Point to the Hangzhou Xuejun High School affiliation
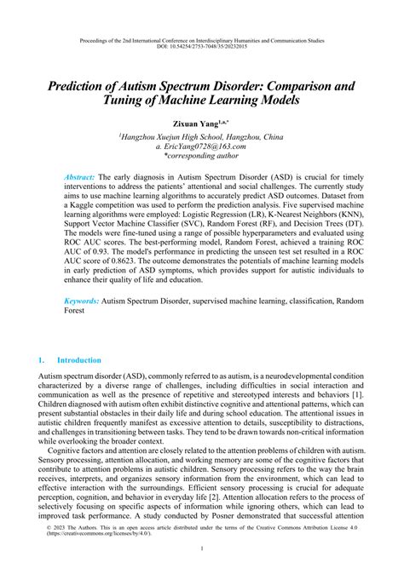tap(202, 135)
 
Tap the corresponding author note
tap(202, 156)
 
